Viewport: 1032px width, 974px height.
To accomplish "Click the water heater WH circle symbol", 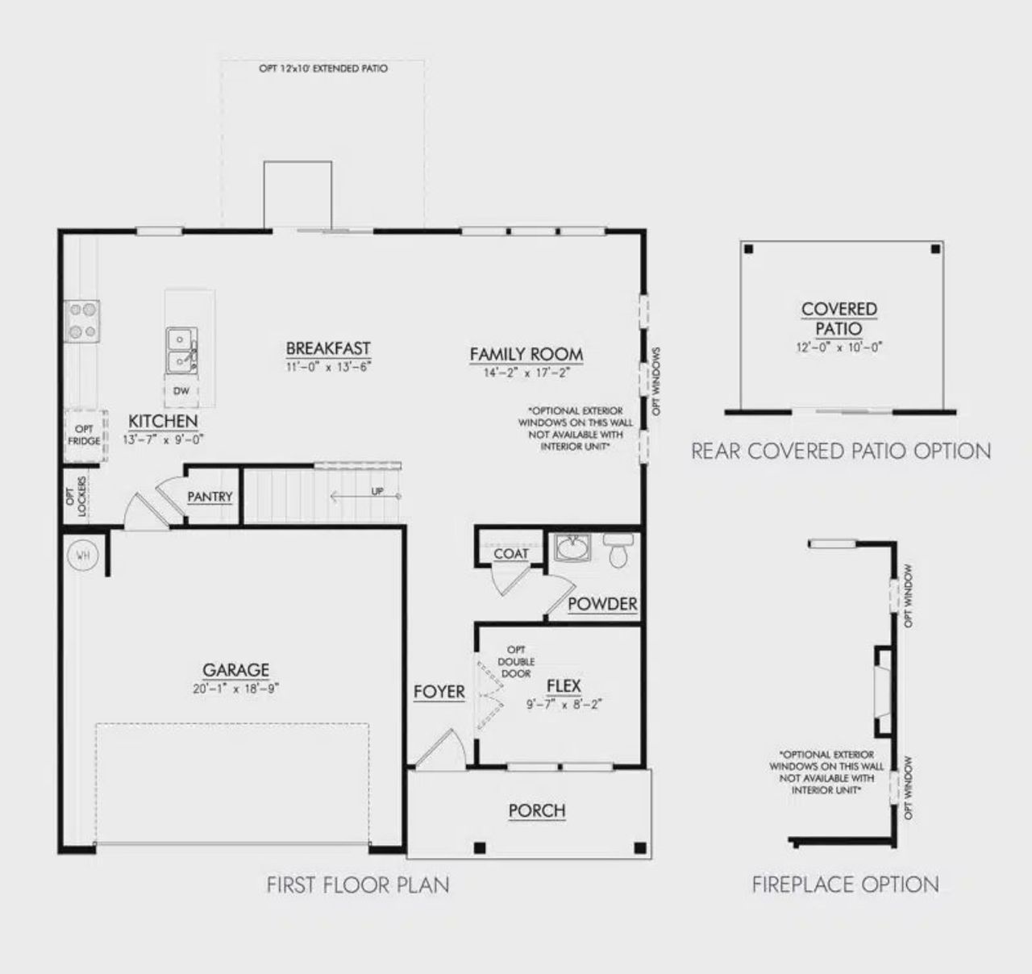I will pyautogui.click(x=81, y=555).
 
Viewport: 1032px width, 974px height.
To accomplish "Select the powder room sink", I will pyautogui.click(x=573, y=548).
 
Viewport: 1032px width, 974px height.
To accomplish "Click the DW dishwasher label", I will pyautogui.click(x=181, y=391).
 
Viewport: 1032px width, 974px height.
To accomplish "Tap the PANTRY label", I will pyautogui.click(x=210, y=497).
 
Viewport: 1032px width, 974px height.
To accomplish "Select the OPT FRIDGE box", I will pyautogui.click(x=85, y=435).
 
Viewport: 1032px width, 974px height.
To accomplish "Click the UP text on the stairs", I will pyautogui.click(x=377, y=492).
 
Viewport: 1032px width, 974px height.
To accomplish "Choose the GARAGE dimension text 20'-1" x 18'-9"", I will pyautogui.click(x=236, y=689).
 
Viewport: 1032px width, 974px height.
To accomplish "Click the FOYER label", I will pyautogui.click(x=439, y=692).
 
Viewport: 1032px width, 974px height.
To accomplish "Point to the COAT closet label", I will pyautogui.click(x=511, y=554).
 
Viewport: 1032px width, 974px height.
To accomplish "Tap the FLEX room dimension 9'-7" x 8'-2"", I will pyautogui.click(x=564, y=704).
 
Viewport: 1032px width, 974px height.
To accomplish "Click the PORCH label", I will pyautogui.click(x=537, y=810).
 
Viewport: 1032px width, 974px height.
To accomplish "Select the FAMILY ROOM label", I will pyautogui.click(x=526, y=354).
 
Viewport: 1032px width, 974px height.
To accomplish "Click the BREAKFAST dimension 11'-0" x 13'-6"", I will pyautogui.click(x=328, y=367).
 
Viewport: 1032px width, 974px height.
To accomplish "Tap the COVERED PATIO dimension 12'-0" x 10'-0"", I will pyautogui.click(x=839, y=348).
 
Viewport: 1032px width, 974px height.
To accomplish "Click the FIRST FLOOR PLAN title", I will pyautogui.click(x=358, y=885).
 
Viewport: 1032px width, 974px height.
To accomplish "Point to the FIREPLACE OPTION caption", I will pyautogui.click(x=845, y=885).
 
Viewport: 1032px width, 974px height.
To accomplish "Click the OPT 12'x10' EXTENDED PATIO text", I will pyautogui.click(x=322, y=69).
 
